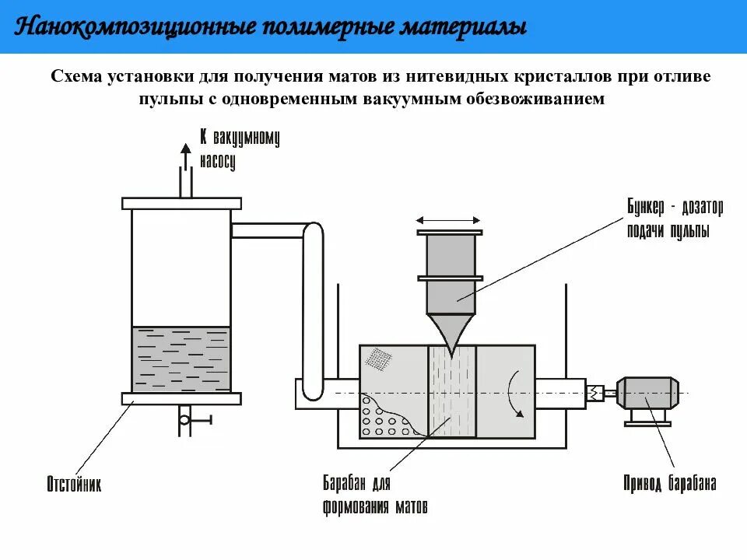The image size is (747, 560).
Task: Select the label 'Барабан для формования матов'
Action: [375, 495]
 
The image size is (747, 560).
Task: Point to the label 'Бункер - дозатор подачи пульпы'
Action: [674, 219]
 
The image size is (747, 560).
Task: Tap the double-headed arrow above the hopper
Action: [450, 220]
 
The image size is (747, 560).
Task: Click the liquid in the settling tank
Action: [181, 358]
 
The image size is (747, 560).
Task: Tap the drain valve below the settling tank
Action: [185, 420]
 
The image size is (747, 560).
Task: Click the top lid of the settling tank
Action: [181, 204]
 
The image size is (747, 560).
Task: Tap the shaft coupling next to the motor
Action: [597, 393]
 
